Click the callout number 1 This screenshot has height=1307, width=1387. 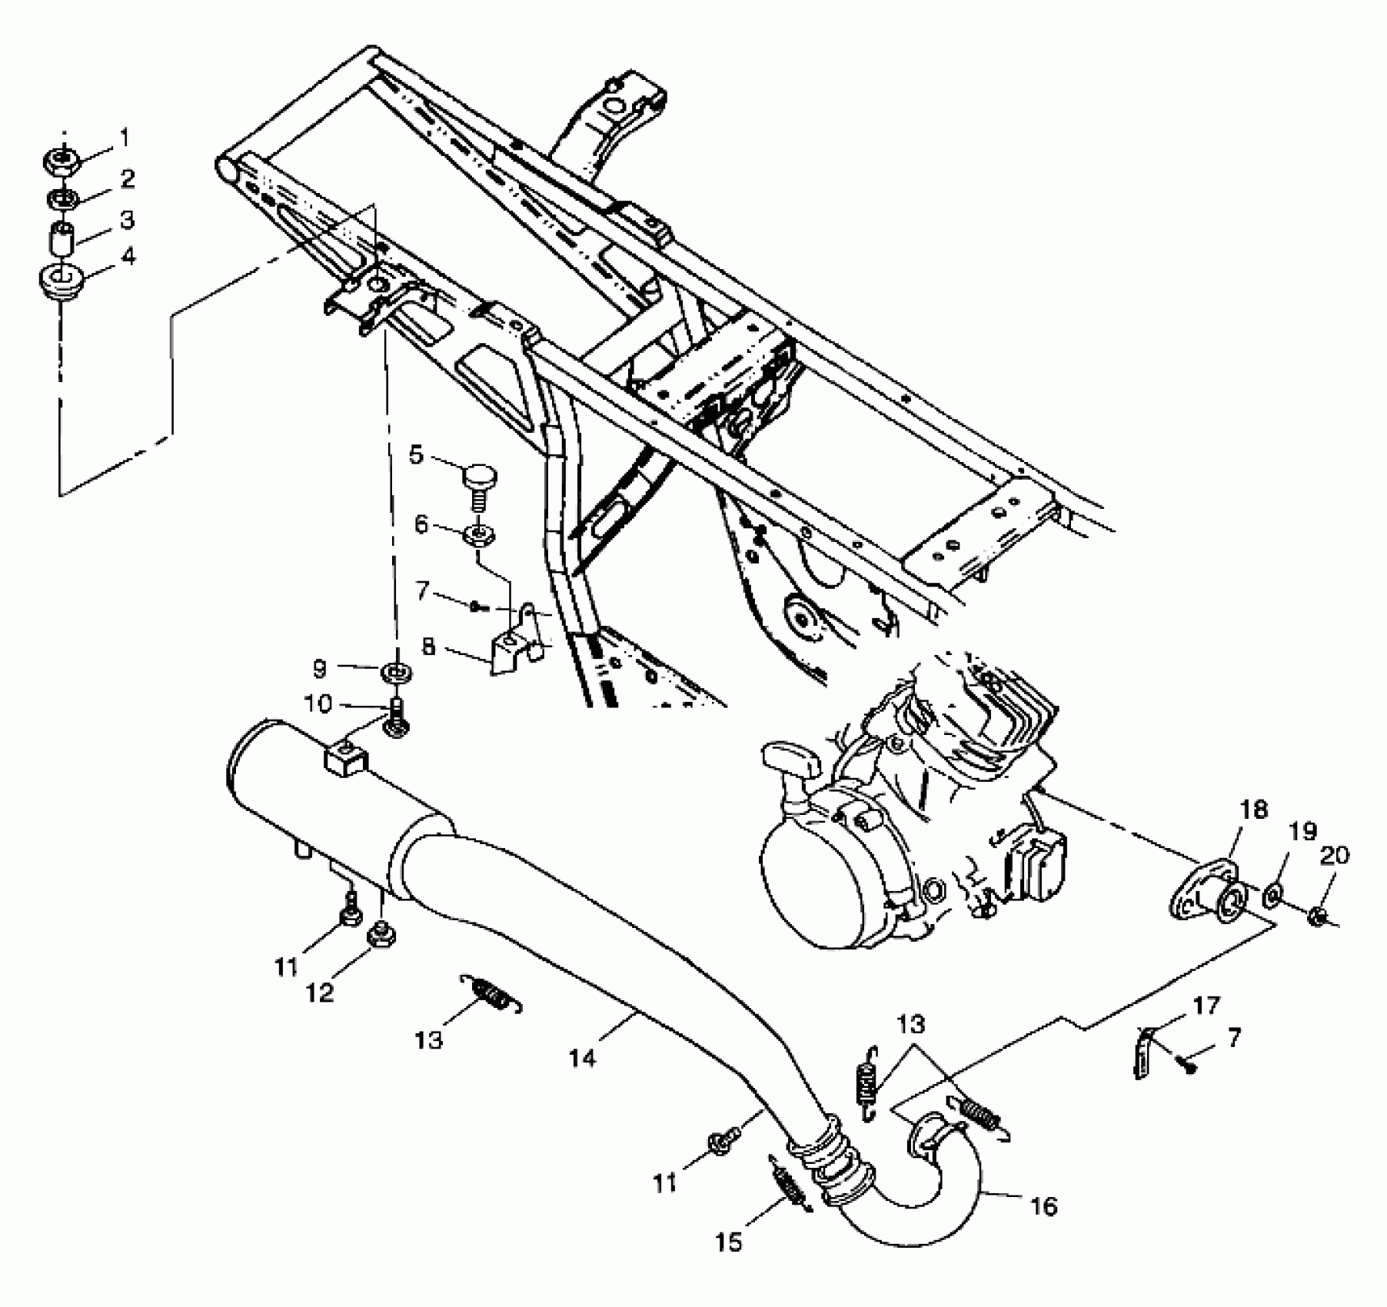[124, 138]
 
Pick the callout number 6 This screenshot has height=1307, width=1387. [421, 524]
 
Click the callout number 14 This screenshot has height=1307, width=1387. [583, 1059]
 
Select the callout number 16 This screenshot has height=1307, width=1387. [1043, 1206]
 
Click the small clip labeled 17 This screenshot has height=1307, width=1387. [1144, 1053]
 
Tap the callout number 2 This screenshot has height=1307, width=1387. [127, 179]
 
